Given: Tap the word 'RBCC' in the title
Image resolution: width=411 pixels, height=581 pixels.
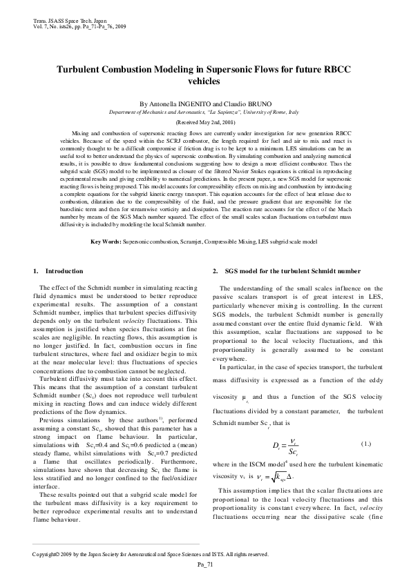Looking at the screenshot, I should click(341, 70).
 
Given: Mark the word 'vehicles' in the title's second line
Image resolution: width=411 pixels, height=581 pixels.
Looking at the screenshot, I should click(204, 81).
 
